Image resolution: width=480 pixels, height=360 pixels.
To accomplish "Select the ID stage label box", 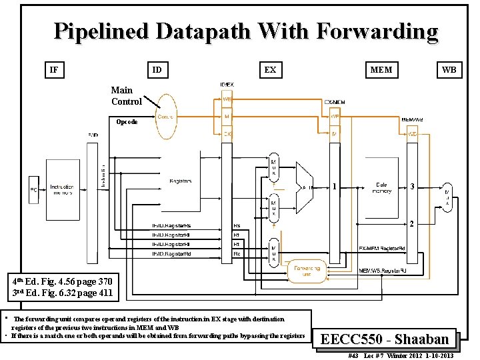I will pos(157,69).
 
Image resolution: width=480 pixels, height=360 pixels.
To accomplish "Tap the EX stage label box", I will pos(270,69).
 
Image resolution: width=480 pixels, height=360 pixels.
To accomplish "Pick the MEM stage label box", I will pos(382,69).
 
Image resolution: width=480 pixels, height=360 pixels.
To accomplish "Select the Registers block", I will pos(181,181).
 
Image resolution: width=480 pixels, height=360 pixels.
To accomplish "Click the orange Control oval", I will pos(167,117).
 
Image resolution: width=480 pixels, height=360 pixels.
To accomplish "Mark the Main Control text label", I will pos(126,96).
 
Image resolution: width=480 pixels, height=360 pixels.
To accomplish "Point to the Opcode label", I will pos(127,122).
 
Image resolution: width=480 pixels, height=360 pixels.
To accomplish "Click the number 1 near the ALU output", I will pos(333,187).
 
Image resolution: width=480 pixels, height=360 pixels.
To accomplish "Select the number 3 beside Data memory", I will pos(413,187).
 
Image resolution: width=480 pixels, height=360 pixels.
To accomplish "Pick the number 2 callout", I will pos(413,224).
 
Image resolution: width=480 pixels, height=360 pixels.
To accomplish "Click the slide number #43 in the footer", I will pos(353,356).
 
